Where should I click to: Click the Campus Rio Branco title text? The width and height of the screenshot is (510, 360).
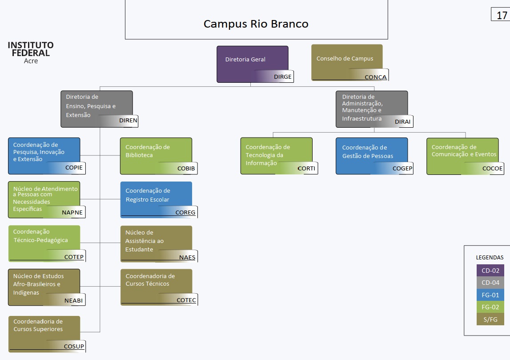coord(256,24)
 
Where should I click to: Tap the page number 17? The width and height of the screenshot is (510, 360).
coord(502,16)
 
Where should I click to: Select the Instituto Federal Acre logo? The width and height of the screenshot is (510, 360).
coord(31,52)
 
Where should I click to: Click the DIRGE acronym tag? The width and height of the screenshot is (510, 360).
coord(283,77)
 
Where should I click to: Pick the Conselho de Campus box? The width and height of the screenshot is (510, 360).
coord(347,62)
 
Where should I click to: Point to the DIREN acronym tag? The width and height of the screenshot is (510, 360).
coord(128,120)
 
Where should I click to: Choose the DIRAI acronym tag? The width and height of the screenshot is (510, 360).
coord(403,121)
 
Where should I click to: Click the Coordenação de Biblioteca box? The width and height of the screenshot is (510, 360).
coord(156,156)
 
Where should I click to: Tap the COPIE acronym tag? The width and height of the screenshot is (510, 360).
coord(74,168)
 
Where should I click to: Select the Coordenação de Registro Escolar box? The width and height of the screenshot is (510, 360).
coord(156,199)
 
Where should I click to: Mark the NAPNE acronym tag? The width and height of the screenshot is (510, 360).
coord(72,212)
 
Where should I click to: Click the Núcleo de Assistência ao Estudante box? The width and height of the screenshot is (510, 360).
coord(156,243)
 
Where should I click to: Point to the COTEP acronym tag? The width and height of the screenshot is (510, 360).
coord(74,257)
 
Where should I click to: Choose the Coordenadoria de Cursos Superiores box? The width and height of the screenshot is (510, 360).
coord(44,334)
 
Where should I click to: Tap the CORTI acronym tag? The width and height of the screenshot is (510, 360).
coord(306,169)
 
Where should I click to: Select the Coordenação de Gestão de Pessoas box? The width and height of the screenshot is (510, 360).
coord(372,156)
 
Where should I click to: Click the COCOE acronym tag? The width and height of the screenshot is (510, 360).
coord(492,169)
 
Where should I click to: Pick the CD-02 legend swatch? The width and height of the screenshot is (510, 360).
coord(490,271)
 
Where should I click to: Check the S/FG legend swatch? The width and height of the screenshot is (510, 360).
coord(490,320)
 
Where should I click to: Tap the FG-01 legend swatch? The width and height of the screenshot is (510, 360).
coord(490,295)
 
